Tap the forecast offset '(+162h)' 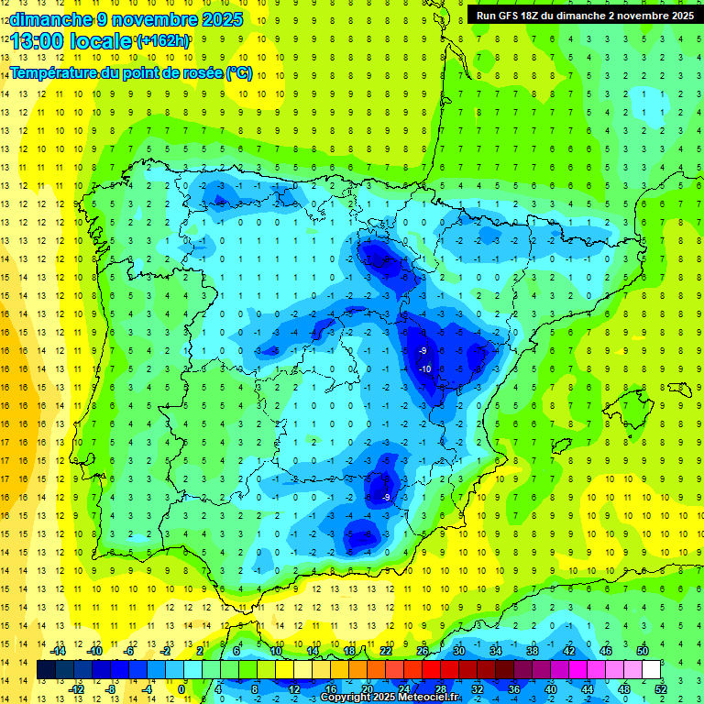(x=163, y=41)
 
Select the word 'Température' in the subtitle (x=53, y=72)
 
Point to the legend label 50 (x=643, y=650)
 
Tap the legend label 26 (x=423, y=650)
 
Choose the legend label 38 (x=533, y=650)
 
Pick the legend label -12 (x=76, y=689)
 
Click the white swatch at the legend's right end (x=652, y=670)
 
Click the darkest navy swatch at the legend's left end (x=46, y=670)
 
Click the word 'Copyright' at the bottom (x=346, y=698)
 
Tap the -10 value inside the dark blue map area (x=424, y=368)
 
